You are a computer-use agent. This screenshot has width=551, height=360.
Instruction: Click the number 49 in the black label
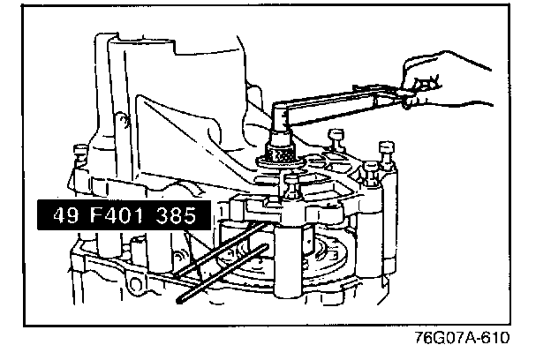[x=59, y=215]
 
